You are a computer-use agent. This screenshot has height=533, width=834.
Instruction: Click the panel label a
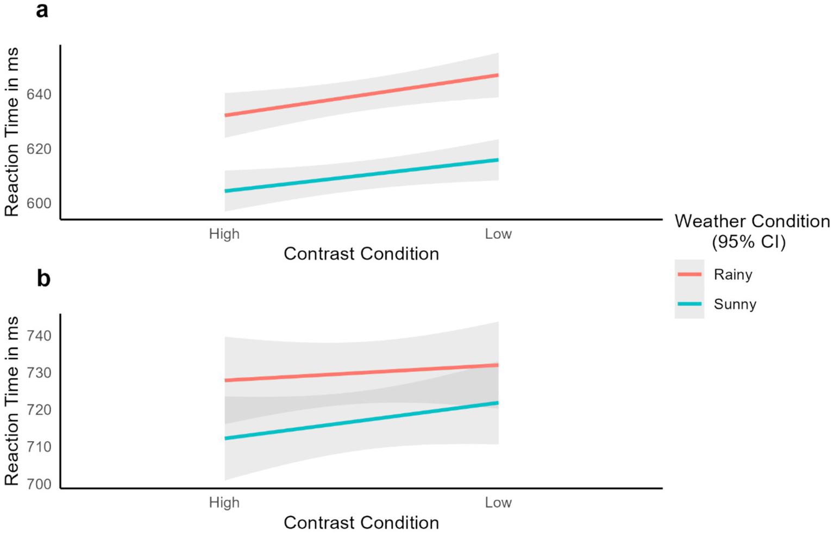pos(42,10)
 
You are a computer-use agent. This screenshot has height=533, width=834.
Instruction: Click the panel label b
pos(43,278)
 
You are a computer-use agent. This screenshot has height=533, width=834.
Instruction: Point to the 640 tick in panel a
pos(39,94)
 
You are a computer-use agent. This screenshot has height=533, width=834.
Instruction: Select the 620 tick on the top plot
pos(39,149)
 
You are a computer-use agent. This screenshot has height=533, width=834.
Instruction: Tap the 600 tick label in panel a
pos(39,204)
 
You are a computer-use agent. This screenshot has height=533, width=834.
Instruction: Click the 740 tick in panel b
pos(39,336)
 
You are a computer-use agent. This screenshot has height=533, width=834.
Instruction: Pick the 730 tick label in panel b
pos(39,373)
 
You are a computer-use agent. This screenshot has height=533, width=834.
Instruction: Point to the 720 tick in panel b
pos(39,410)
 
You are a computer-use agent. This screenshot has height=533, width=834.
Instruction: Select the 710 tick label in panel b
pos(39,447)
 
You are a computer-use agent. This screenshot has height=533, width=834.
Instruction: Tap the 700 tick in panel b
pos(39,484)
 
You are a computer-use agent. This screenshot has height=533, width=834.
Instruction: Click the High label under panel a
pos(224,234)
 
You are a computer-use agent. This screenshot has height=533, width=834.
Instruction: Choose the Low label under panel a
pos(498,234)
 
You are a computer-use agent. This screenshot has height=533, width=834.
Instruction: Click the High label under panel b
pos(224,503)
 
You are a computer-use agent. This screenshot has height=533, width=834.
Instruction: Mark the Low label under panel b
pos(498,503)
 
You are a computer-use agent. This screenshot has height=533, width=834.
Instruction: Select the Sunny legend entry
pos(735,304)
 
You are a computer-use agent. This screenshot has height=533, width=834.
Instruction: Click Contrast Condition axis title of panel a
pos(361,254)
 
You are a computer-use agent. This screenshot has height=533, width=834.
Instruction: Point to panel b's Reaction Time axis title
pos(12,401)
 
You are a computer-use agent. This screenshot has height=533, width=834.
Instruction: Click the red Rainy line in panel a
pos(361,95)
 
